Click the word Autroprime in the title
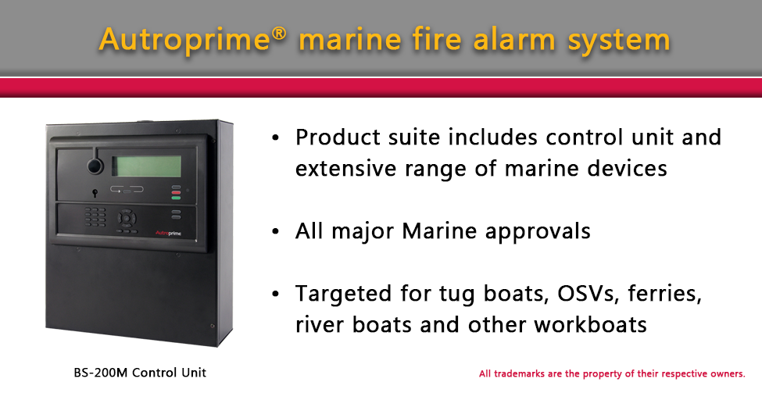tap(184, 40)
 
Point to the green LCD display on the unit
tap(146, 166)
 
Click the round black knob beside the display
tap(95, 166)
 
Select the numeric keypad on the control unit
tap(96, 216)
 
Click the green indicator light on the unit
tap(177, 198)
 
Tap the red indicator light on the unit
tap(177, 192)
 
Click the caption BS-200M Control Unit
tap(134, 373)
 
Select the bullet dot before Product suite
tap(274, 138)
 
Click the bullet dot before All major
tap(274, 232)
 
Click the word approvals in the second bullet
tap(538, 232)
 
